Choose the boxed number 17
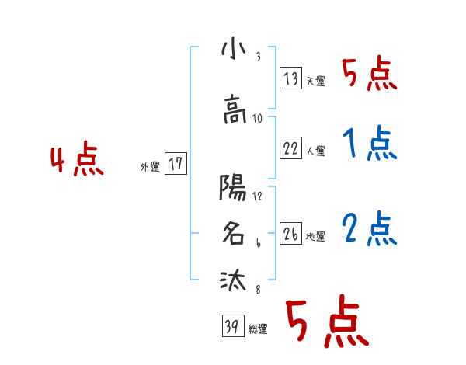pyautogui.click(x=176, y=164)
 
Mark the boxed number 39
pyautogui.click(x=231, y=327)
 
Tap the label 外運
pyautogui.click(x=150, y=166)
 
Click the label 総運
pyautogui.click(x=258, y=329)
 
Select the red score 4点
pyautogui.click(x=77, y=161)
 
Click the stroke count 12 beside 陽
pyautogui.click(x=257, y=195)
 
